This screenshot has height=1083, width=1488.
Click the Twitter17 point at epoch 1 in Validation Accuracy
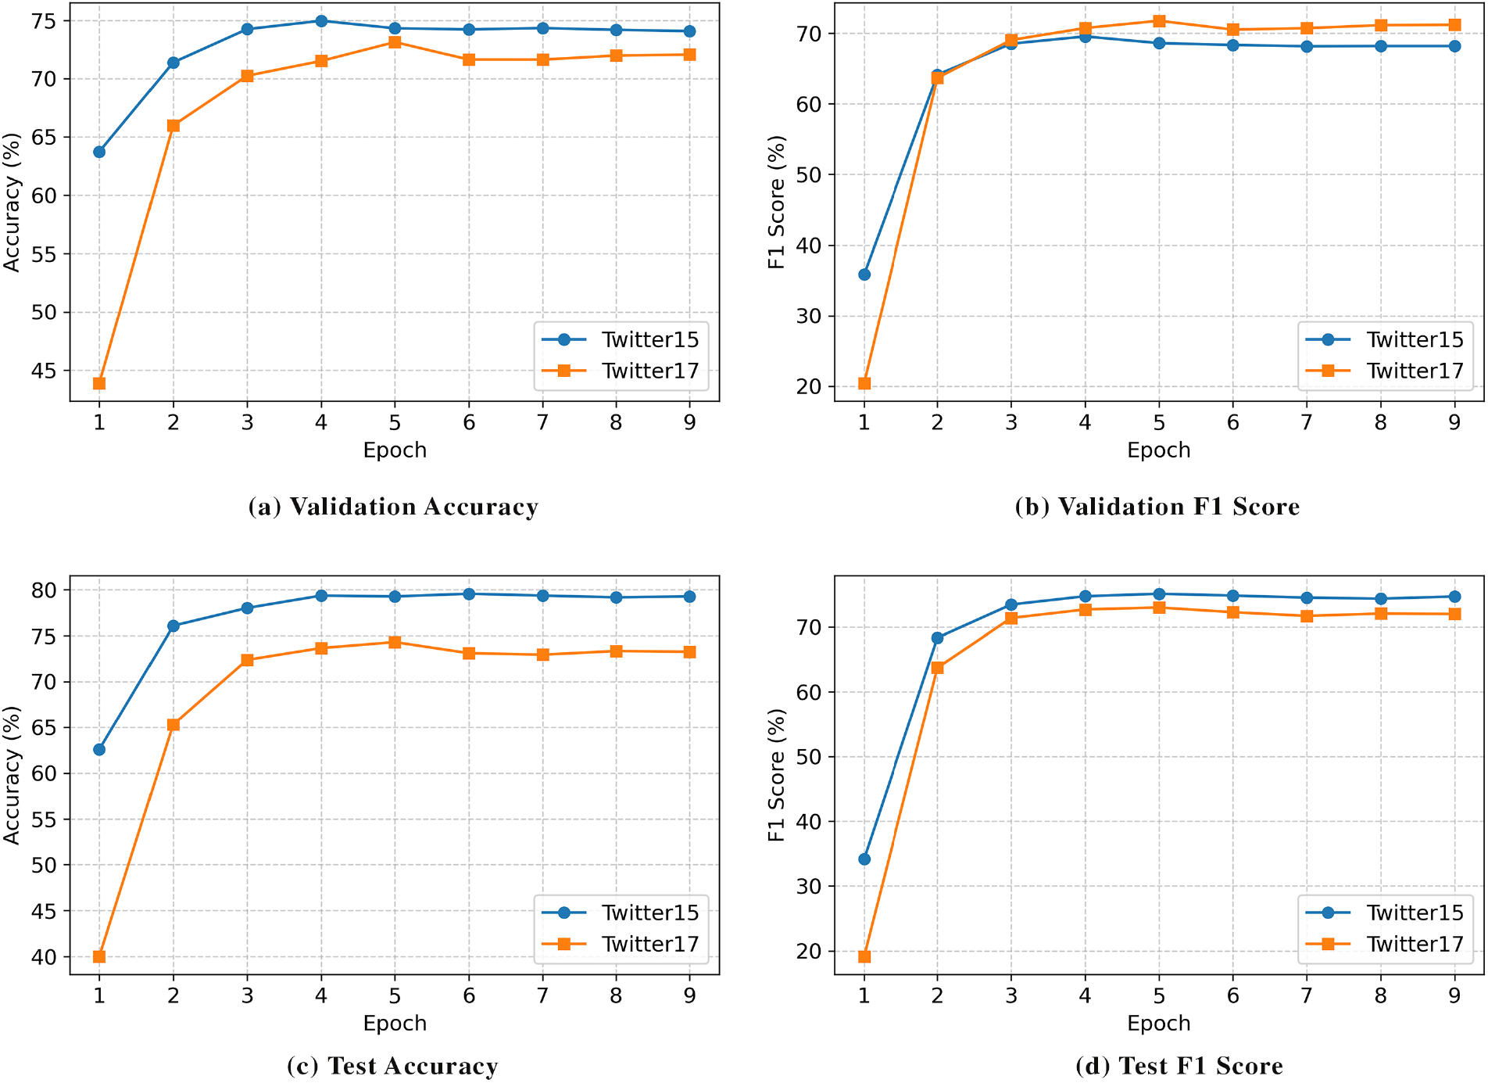(x=99, y=383)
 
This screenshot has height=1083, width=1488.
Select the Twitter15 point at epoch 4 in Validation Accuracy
(x=321, y=21)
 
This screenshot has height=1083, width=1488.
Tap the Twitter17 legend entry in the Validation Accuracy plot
(x=621, y=371)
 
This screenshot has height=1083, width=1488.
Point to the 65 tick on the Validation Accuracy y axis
(x=45, y=138)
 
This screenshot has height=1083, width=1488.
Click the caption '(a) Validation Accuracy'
(x=393, y=507)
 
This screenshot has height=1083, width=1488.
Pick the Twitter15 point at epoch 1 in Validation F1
(x=864, y=274)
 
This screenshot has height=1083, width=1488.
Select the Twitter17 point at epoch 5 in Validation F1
(x=1159, y=21)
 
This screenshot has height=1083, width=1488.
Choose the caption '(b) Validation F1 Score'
(x=1157, y=507)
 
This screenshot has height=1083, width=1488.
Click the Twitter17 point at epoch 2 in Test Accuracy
(x=173, y=725)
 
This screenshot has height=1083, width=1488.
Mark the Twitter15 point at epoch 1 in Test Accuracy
(x=99, y=750)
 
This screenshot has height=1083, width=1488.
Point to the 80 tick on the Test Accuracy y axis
(x=45, y=590)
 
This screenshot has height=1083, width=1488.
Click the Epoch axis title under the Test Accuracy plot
(x=395, y=1023)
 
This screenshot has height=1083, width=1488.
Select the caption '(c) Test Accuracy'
(x=392, y=1066)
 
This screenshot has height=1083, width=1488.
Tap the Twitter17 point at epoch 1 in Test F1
(x=864, y=956)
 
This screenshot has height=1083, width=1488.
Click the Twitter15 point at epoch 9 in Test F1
(x=1454, y=597)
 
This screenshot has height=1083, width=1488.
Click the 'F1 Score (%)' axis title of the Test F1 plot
(x=776, y=775)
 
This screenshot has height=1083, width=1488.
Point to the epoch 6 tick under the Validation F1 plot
(x=1232, y=422)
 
